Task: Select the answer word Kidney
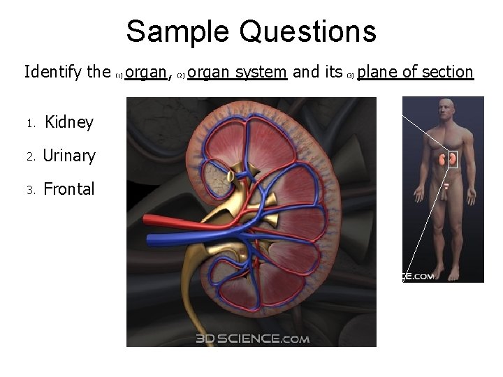68,122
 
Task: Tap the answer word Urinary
69,156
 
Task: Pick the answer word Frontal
68,189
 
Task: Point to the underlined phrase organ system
238,71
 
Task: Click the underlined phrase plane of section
416,71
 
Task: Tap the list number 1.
30,124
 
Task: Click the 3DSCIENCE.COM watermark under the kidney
253,339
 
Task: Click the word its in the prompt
333,71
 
